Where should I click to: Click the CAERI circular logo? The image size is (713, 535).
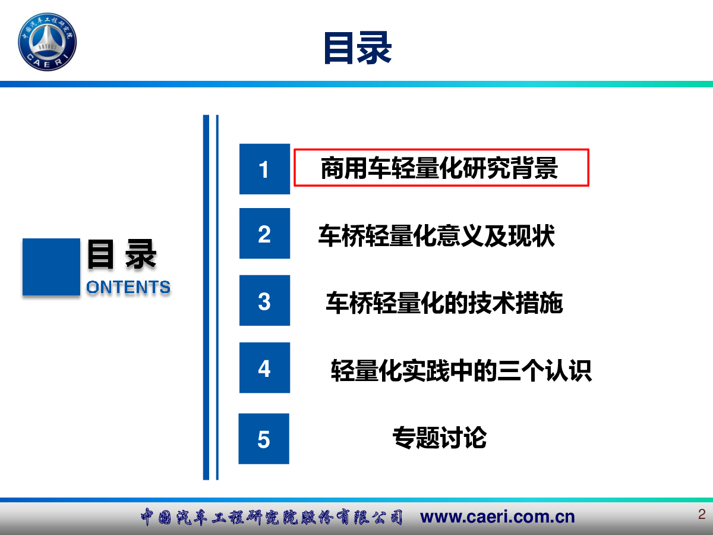point(48,42)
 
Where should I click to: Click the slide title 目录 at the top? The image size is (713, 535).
point(358,48)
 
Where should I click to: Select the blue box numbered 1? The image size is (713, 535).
point(264,169)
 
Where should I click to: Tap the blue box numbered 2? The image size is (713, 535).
point(264,233)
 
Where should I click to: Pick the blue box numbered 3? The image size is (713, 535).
point(264,300)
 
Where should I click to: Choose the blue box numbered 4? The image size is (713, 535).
point(264,368)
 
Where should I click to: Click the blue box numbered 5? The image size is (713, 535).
point(264,439)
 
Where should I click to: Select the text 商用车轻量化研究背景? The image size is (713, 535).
point(439,168)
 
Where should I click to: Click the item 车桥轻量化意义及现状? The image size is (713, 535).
point(437,235)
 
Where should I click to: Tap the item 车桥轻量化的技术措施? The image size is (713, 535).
point(444,303)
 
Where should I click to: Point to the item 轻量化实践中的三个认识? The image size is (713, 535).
point(461,370)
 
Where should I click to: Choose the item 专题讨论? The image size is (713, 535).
point(440,438)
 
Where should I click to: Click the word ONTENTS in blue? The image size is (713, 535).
point(128,287)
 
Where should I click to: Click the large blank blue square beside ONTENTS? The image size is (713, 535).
point(51,267)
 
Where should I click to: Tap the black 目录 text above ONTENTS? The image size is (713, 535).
point(122,254)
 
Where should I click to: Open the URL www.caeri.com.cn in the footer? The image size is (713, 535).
point(497,517)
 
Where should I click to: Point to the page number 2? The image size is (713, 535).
point(702,514)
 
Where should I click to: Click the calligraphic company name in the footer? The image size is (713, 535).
point(272,517)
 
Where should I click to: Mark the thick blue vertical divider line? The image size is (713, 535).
point(206,297)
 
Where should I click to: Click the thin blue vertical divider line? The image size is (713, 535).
point(217,297)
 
